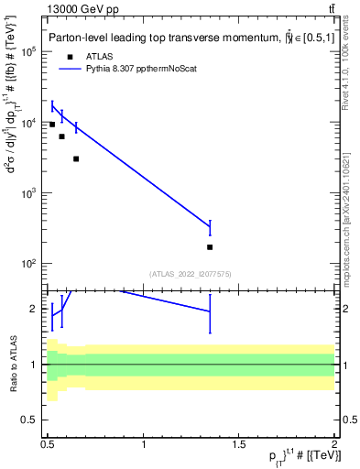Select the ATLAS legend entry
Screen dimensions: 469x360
click(102, 56)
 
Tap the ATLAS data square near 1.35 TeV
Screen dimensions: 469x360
click(210, 247)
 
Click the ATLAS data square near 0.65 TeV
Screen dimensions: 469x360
click(76, 158)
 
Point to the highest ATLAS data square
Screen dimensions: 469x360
click(52, 124)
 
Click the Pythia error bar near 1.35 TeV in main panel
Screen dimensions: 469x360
click(210, 226)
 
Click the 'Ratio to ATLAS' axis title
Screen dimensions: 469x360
click(13, 365)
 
